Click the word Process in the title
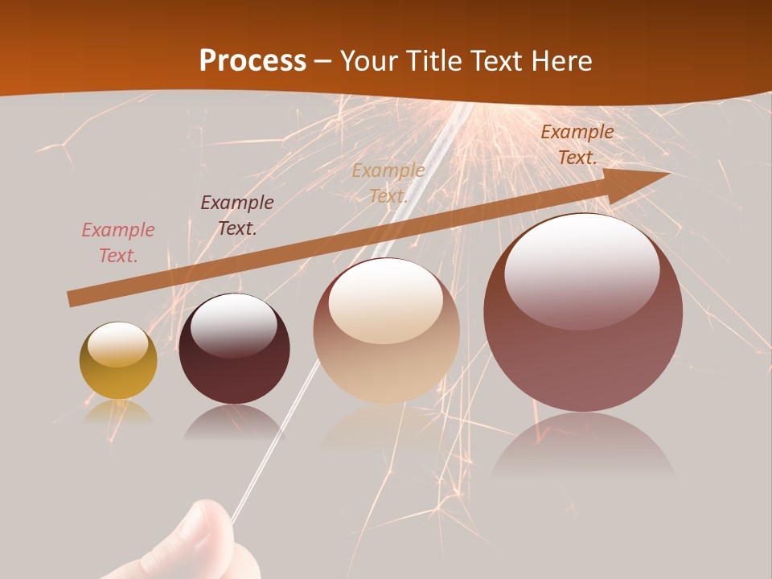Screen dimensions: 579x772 tap(253, 61)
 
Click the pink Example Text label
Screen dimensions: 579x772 tap(118, 243)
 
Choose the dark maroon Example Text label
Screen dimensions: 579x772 tap(237, 216)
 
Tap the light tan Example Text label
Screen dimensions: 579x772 tap(388, 183)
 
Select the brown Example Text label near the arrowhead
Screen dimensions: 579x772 tap(577, 145)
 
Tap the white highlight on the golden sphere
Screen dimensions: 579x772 tap(117, 345)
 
